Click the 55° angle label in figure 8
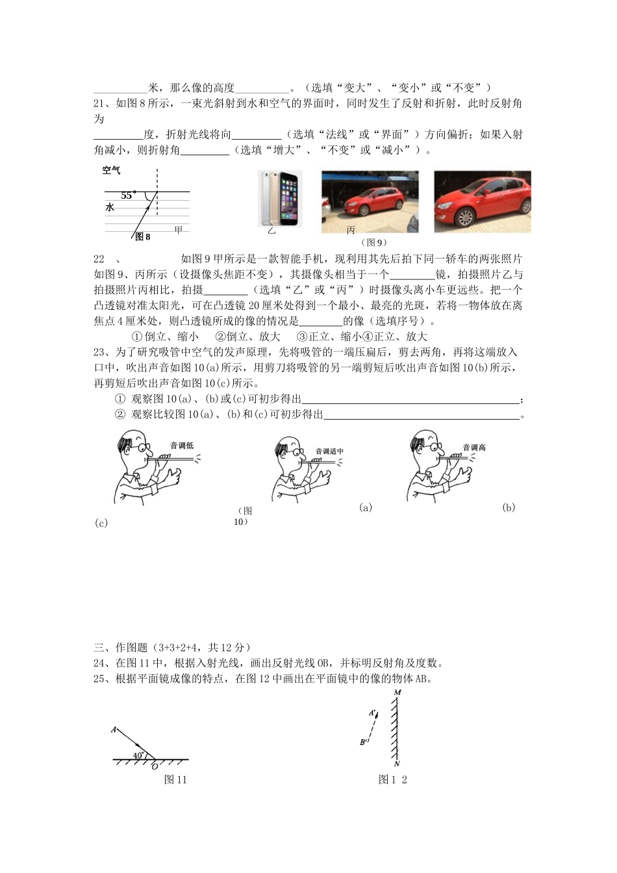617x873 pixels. [127, 196]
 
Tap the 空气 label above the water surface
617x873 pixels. [111, 171]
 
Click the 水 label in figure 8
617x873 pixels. [110, 207]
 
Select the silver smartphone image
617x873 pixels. [279, 198]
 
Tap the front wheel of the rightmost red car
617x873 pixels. [465, 216]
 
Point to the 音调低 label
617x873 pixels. [181, 446]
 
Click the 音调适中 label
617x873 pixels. [329, 451]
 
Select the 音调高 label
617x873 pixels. [473, 448]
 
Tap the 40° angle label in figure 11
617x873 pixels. [138, 755]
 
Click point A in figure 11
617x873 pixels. [114, 730]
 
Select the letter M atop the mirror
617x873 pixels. [397, 692]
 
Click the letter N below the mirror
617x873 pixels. [397, 764]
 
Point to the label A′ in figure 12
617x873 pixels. [373, 713]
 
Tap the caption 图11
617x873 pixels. [175, 779]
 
